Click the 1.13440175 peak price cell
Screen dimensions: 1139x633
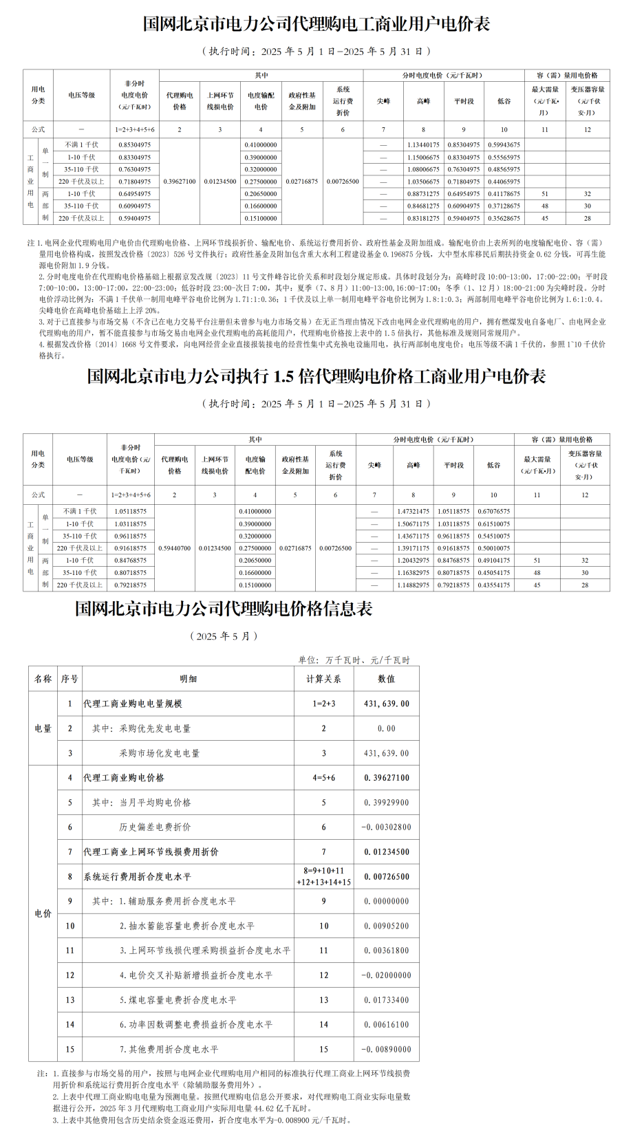click(x=423, y=145)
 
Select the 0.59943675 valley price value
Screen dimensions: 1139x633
click(x=504, y=145)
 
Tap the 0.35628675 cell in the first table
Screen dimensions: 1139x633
click(x=504, y=219)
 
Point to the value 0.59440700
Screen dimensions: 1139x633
click(x=174, y=548)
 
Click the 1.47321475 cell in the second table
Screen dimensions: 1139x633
click(x=413, y=512)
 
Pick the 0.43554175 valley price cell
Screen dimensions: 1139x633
click(x=493, y=585)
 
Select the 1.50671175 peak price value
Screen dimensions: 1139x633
click(x=413, y=524)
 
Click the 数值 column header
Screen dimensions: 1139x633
click(x=386, y=679)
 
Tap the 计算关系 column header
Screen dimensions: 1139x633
click(x=323, y=679)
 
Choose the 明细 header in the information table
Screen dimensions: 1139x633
click(x=188, y=679)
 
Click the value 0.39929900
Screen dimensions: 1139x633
click(x=387, y=803)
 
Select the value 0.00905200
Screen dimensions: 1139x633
click(x=387, y=926)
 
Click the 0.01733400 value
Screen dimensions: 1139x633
click(x=387, y=1000)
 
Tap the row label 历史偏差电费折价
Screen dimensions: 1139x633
click(x=155, y=827)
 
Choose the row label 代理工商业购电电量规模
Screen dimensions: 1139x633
click(x=132, y=704)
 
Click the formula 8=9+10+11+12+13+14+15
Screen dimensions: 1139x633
click(x=323, y=876)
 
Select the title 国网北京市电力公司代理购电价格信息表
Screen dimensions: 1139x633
click(x=224, y=609)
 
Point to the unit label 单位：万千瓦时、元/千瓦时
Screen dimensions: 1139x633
click(x=354, y=660)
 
